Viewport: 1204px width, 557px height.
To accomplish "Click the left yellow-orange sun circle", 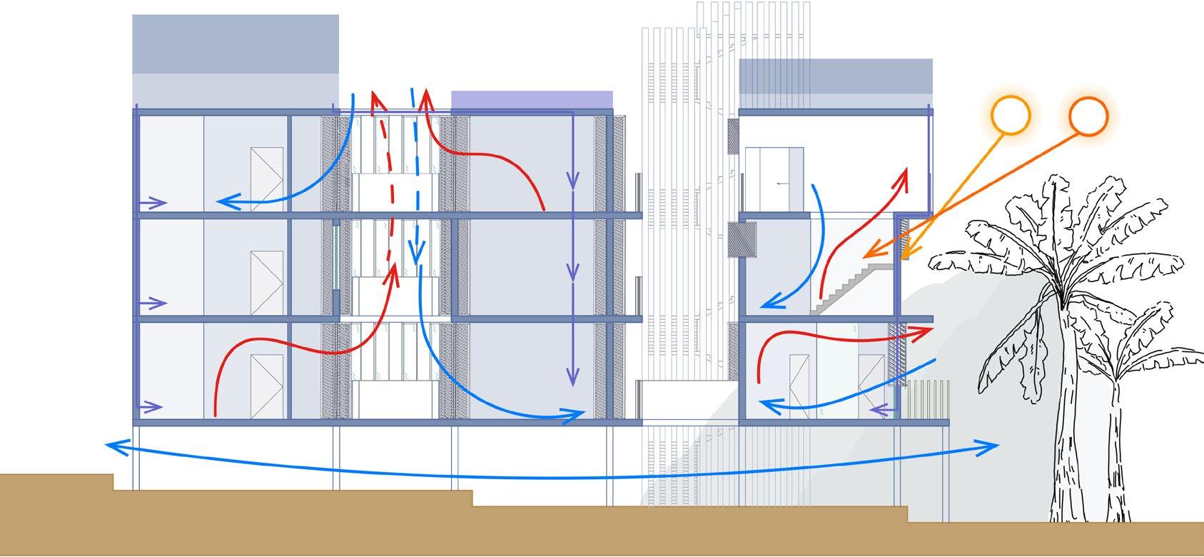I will (x=1011, y=114).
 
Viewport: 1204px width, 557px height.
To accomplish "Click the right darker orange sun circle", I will (x=1088, y=116).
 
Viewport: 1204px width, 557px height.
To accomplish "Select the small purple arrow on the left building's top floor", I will (x=153, y=203).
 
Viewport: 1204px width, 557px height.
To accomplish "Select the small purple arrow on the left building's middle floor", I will (x=153, y=304).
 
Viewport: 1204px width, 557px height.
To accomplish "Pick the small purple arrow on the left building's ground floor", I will (x=151, y=408).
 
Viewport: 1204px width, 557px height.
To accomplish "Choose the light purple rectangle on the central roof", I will (x=532, y=99).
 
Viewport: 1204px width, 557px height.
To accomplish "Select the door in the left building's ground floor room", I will (x=267, y=386).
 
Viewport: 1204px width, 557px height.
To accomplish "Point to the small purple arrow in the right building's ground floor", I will (x=881, y=410).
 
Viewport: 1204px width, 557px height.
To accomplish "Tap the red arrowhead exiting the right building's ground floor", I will (x=925, y=331).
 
